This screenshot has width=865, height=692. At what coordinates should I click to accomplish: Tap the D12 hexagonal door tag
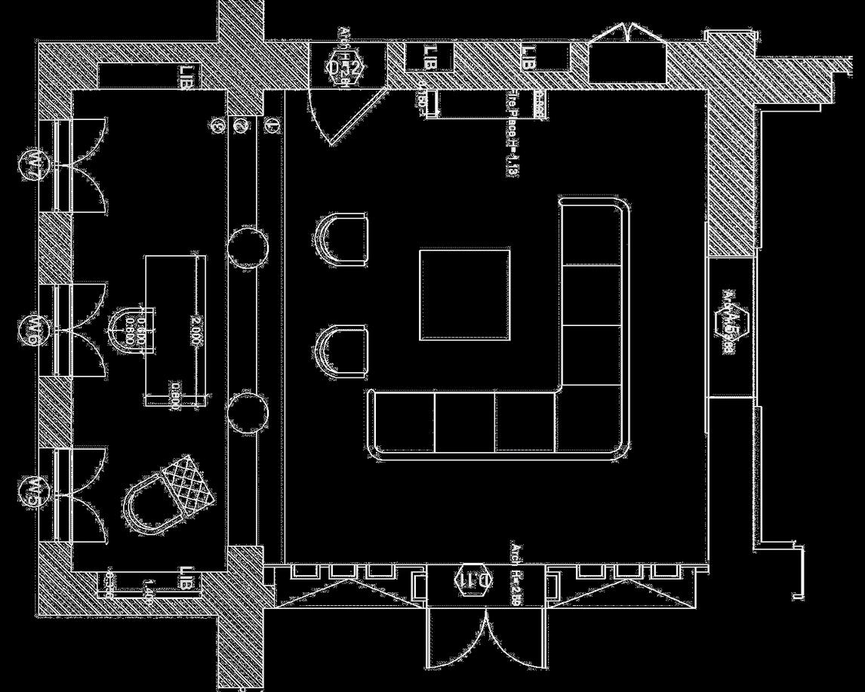[x=346, y=67]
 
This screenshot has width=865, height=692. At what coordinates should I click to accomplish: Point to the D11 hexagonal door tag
[x=474, y=580]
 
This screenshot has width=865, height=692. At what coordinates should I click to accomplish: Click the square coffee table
[x=464, y=294]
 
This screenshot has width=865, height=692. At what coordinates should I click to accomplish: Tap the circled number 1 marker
[x=272, y=126]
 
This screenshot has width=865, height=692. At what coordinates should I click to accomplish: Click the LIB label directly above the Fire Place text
[x=528, y=57]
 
